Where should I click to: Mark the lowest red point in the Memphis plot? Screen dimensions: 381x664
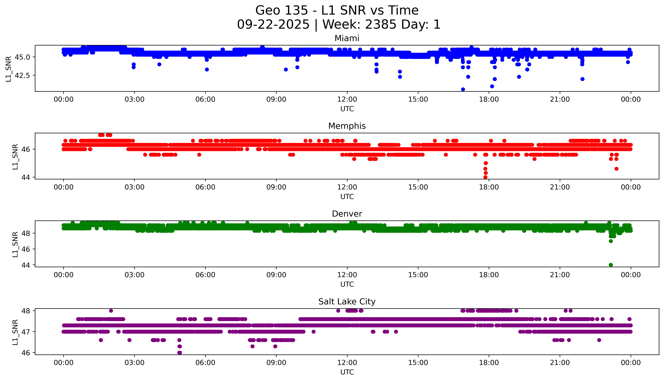click(x=485, y=177)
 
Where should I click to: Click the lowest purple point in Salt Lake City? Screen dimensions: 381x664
click(x=180, y=352)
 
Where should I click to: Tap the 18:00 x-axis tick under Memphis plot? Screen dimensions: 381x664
click(x=489, y=187)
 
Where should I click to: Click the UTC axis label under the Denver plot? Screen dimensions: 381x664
click(x=347, y=284)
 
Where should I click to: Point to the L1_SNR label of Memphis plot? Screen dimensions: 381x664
click(x=15, y=157)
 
